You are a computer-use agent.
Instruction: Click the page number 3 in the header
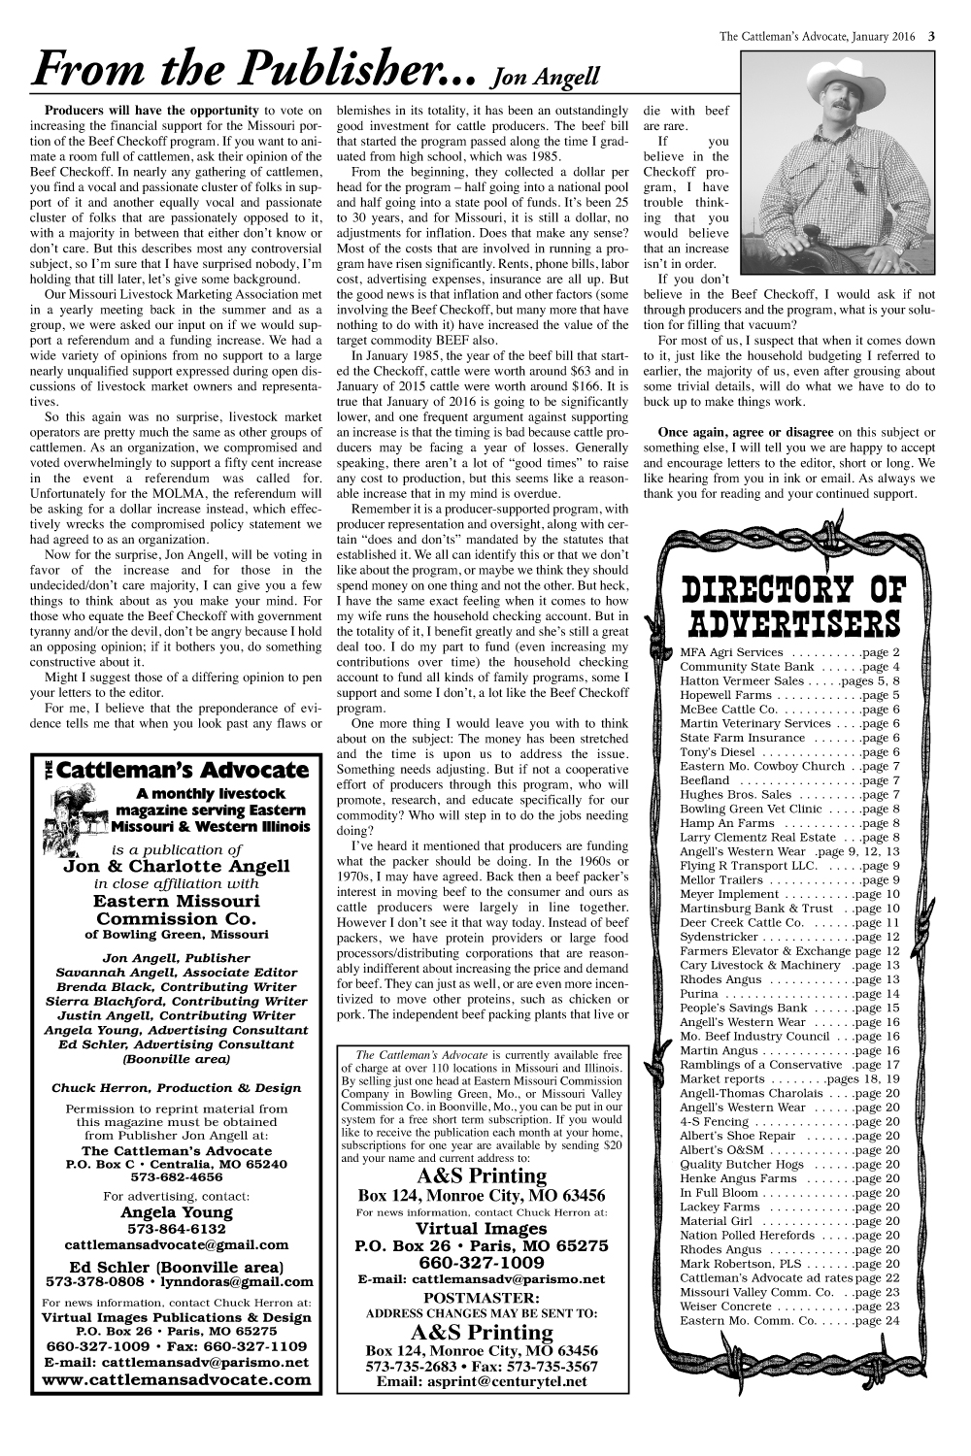931,37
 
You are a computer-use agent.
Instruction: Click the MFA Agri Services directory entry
790,652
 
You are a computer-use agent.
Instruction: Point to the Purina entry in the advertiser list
790,994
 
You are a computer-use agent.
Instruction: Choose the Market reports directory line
790,1078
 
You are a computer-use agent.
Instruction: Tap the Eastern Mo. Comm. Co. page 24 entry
790,1320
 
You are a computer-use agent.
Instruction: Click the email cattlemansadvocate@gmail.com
176,1244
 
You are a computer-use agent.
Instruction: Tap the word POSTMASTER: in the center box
481,1298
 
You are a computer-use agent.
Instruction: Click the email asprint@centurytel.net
481,1381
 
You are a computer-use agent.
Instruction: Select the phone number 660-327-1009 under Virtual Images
481,1263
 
